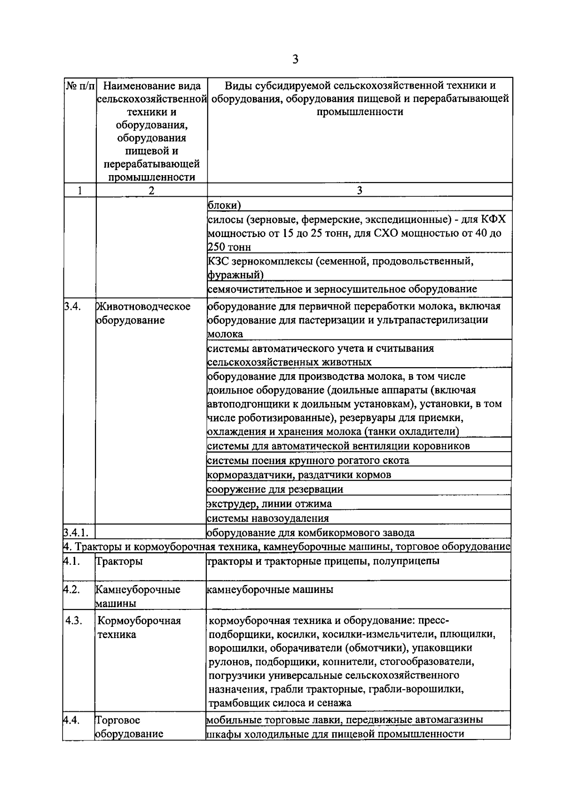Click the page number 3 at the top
point(295,59)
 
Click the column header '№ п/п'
point(80,86)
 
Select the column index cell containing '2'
point(151,190)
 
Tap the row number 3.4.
point(72,307)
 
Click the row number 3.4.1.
point(77,532)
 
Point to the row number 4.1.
point(72,561)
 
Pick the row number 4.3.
point(74,621)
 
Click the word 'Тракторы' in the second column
point(119,561)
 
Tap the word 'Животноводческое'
point(143,307)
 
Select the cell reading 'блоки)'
point(224,205)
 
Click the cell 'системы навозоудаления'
point(268,518)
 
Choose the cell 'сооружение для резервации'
point(275,489)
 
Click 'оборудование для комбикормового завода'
point(311,532)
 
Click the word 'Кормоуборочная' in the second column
point(139,621)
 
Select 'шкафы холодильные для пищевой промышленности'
point(336,734)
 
